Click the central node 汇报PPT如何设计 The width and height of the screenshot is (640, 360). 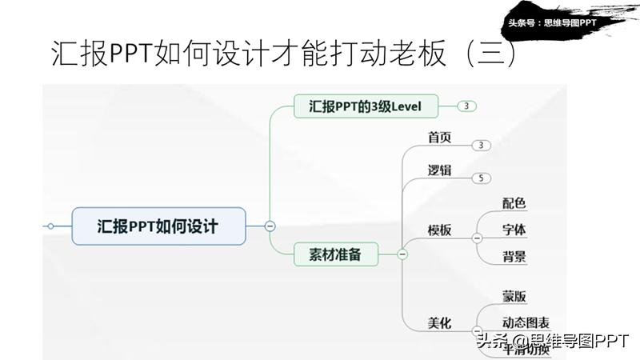(158, 226)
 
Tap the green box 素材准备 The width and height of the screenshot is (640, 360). (334, 254)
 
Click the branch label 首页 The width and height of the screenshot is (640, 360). (439, 138)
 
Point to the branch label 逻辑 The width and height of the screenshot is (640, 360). (439, 170)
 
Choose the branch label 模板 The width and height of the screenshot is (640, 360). (439, 230)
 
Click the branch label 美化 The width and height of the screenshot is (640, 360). (439, 323)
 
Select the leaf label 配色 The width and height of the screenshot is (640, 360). (514, 203)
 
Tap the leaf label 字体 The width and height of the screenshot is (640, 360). (514, 230)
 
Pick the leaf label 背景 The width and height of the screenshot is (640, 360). (514, 257)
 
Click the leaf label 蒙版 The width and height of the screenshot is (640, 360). (514, 296)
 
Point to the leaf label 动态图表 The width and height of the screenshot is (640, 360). (526, 322)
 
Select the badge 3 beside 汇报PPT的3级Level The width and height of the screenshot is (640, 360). (467, 106)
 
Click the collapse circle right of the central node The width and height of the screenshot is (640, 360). (270, 226)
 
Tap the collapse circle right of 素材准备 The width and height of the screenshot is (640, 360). (402, 254)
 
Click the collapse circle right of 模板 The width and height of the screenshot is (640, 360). (477, 238)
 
